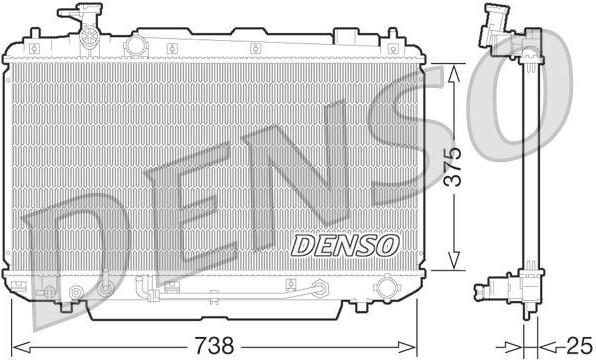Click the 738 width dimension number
215,346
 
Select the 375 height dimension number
453,167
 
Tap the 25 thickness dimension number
579,346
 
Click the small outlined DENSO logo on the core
345,246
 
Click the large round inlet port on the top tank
135,46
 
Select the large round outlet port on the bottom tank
385,288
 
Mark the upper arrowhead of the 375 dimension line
453,73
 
